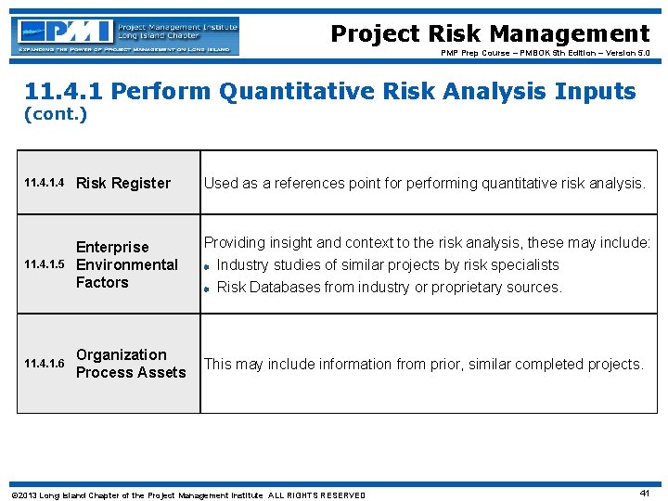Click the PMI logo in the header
[x=126, y=35]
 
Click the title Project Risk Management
[x=490, y=34]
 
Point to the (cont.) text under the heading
[x=55, y=114]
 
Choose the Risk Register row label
[x=122, y=184]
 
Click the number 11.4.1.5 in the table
[x=44, y=265]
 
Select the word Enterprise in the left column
[x=111, y=247]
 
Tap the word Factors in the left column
[x=102, y=282]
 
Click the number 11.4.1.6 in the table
[x=44, y=364]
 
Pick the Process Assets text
[x=131, y=372]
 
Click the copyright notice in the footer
[x=186, y=495]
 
